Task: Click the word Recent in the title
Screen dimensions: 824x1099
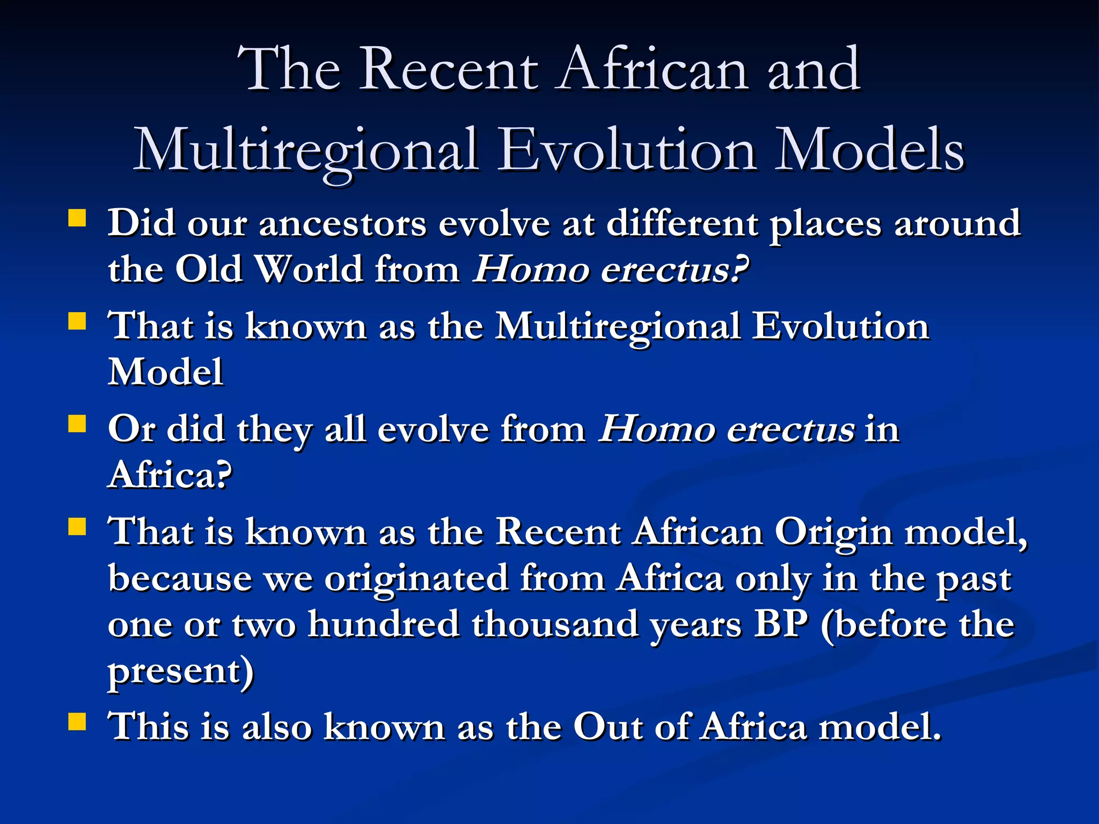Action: pos(449,70)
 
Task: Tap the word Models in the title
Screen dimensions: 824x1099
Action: pos(869,150)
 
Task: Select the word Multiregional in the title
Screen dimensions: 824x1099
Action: pos(306,151)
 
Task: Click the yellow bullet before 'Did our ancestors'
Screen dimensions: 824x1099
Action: pos(77,218)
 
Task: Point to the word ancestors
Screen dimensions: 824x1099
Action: pos(343,223)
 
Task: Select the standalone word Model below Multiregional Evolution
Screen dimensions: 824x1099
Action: pos(165,371)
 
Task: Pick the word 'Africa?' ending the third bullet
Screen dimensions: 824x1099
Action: pos(170,474)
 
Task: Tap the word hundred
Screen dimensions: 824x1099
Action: pos(383,624)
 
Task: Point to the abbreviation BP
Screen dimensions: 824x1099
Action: pos(780,624)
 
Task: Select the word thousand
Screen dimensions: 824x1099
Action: pos(555,624)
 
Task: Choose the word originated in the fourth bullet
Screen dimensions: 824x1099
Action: pos(416,579)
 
